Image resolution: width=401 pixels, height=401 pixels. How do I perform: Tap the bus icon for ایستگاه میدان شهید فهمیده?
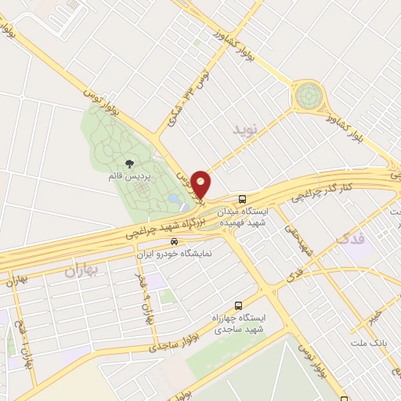coord(244,198)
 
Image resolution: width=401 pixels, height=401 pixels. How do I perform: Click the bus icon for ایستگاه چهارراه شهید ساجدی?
coord(238,305)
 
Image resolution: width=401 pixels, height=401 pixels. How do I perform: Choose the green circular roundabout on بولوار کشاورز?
coord(309,99)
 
